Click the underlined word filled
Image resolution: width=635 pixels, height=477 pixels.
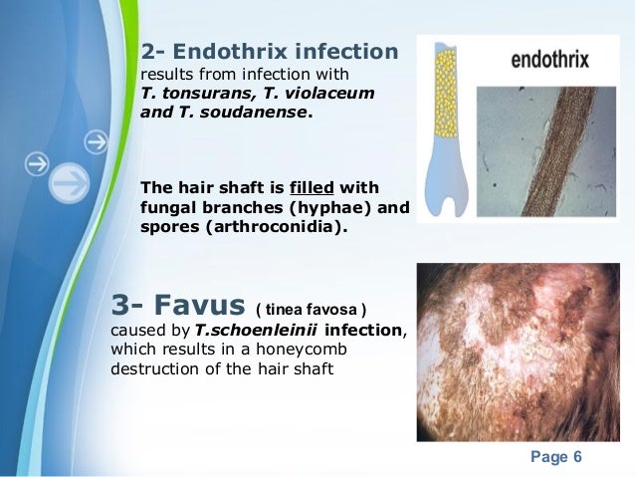pos(312,188)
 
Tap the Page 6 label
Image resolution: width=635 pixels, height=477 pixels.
pos(555,457)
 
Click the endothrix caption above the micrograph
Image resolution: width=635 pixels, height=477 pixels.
pos(549,59)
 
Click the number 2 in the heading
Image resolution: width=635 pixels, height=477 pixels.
pos(148,51)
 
